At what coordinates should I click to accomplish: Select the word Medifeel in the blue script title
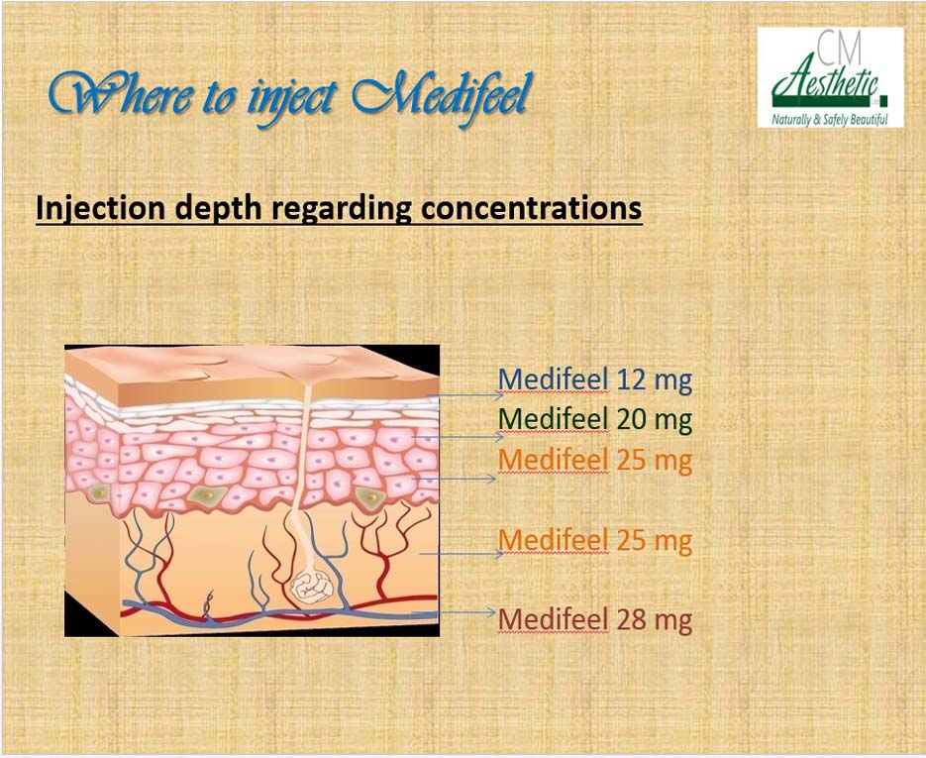[x=441, y=94]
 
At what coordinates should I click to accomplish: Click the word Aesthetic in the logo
[x=826, y=82]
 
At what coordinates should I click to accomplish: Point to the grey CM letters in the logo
[x=841, y=49]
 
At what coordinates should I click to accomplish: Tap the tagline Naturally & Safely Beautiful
[x=830, y=120]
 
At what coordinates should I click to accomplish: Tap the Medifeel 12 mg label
[x=594, y=379]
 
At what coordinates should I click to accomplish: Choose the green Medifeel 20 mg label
[x=594, y=419]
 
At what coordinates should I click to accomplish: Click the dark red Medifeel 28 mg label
[x=594, y=619]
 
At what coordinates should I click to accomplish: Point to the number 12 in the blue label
[x=631, y=379]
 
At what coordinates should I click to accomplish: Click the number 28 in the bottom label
[x=631, y=619]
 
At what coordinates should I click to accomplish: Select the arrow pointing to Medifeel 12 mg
[x=464, y=395]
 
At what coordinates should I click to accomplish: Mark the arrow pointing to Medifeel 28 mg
[x=454, y=612]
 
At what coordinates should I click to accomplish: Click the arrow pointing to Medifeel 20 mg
[x=459, y=437]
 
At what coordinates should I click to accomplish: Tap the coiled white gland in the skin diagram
[x=312, y=586]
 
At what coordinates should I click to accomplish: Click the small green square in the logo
[x=883, y=98]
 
